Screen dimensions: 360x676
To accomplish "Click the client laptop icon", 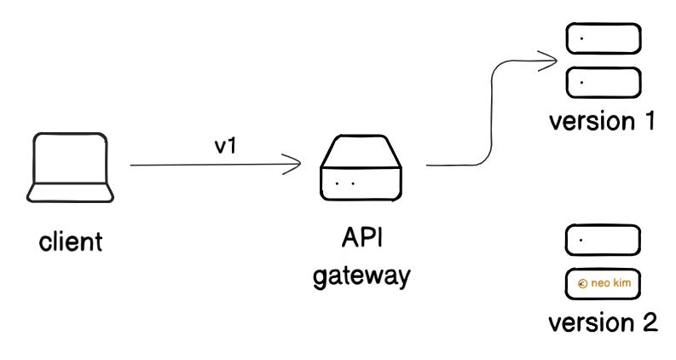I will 72,169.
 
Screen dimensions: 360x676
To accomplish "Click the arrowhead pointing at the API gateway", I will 297,165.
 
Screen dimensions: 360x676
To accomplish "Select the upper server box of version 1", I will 603,39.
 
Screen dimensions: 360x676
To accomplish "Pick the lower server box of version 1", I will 603,82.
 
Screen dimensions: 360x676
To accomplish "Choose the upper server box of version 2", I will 603,240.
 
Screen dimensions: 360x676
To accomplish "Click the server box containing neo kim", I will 603,283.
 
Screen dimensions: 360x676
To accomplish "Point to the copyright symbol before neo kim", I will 581,284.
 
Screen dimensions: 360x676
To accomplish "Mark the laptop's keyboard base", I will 72,193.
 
